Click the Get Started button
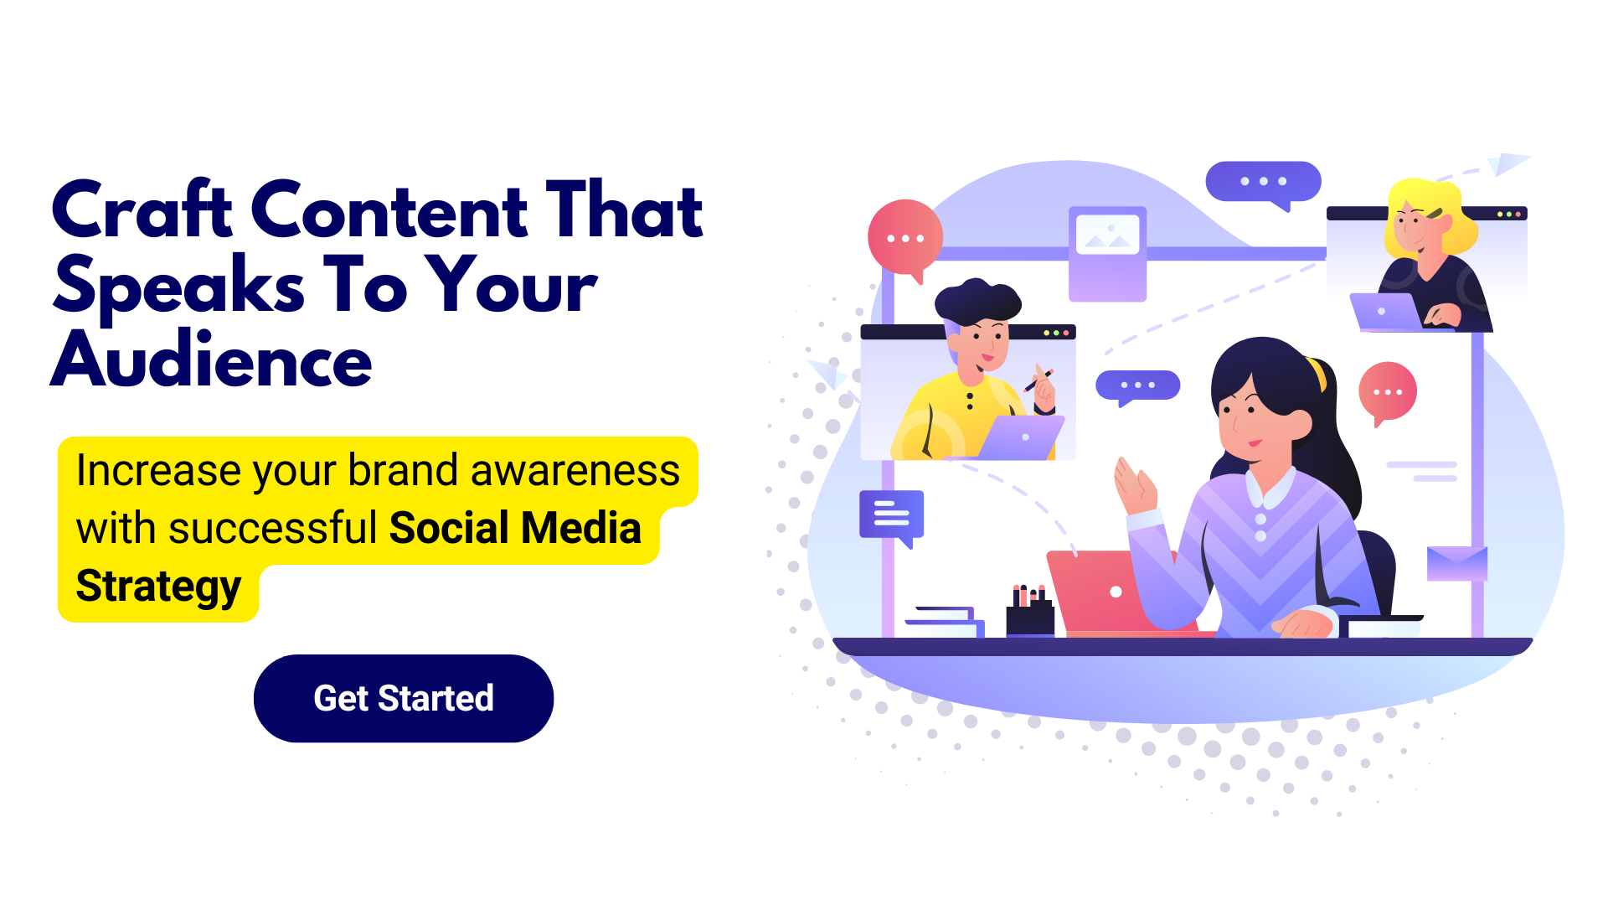click(404, 698)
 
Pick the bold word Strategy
click(158, 587)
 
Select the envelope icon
click(1457, 563)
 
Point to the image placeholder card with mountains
click(1107, 254)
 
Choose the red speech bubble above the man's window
click(905, 239)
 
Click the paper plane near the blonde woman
click(1509, 163)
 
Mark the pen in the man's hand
click(1038, 380)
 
